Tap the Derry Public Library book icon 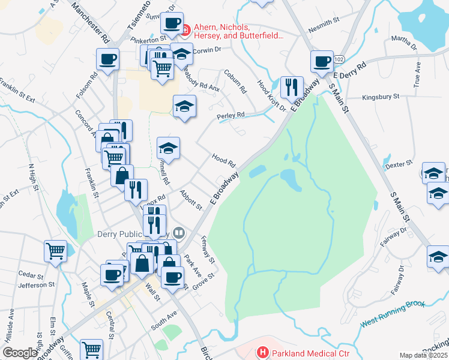tap(178, 233)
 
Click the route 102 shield tap(339, 59)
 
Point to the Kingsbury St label tap(381, 97)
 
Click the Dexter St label tap(400, 163)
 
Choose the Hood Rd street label tap(223, 160)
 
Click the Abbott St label tap(191, 200)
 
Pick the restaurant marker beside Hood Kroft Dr tap(292, 87)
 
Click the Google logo tap(20, 353)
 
